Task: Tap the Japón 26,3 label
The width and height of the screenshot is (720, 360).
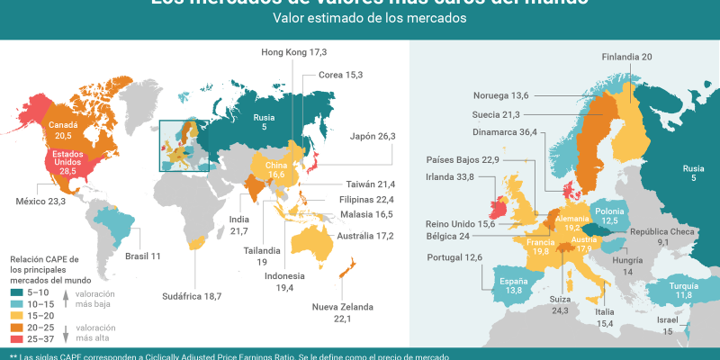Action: [373, 137]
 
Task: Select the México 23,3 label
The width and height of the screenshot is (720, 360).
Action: [40, 202]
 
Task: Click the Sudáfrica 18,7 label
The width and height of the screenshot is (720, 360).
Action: [192, 295]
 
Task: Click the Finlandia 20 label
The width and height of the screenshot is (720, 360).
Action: [626, 57]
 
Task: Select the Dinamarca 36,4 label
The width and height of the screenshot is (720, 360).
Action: [504, 132]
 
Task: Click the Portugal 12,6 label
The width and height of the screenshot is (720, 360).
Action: [454, 258]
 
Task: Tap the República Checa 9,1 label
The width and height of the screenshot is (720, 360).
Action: [663, 237]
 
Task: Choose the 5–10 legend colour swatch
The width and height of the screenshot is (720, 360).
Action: [18, 292]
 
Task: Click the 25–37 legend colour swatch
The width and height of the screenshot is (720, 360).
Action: [18, 339]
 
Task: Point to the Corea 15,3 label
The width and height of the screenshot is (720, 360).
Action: [341, 75]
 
